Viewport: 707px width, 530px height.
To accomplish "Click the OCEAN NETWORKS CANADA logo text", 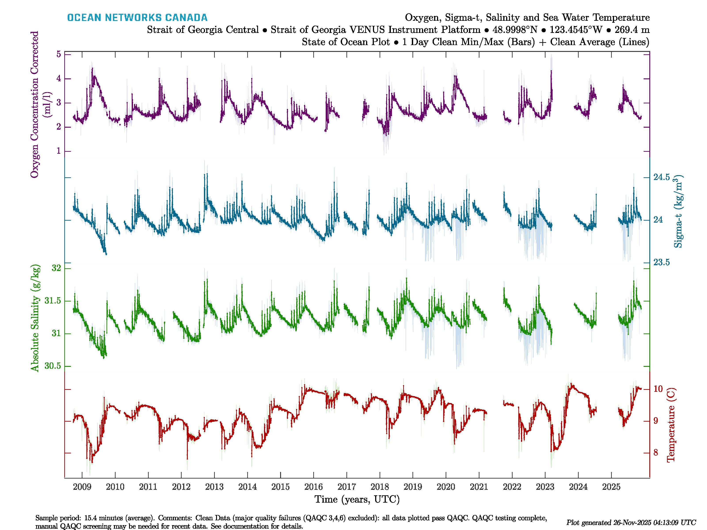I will [x=137, y=18].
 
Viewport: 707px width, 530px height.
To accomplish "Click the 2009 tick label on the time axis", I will [x=82, y=487].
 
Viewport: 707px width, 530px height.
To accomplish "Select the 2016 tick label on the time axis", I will [x=314, y=487].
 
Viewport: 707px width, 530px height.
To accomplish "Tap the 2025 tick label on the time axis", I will [x=611, y=487].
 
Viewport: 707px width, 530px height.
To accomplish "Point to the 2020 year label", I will [x=446, y=487].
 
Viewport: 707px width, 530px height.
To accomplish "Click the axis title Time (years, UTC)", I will [x=357, y=499].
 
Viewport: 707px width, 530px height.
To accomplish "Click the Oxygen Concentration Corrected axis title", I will [x=34, y=104].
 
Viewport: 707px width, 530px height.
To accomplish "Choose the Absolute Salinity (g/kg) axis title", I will [x=35, y=318].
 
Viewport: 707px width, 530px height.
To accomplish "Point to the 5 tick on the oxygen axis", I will [x=59, y=54].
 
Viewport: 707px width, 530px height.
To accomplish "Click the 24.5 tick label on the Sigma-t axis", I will [x=661, y=177].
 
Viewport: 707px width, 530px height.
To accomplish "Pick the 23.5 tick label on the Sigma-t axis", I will [x=661, y=263].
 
